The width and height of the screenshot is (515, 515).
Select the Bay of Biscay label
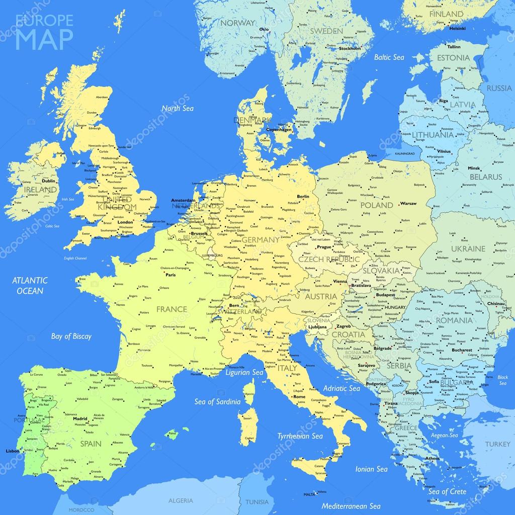click(71, 336)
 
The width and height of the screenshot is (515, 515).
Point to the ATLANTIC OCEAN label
click(30, 286)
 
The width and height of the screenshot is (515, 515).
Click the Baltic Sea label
click(389, 57)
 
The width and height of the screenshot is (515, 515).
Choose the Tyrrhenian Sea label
click(300, 436)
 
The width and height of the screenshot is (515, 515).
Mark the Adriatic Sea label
click(341, 388)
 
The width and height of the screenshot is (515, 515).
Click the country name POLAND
click(377, 205)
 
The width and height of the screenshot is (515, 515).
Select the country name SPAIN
click(91, 444)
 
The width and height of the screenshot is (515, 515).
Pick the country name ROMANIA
click(454, 320)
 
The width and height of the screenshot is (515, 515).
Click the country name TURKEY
click(497, 444)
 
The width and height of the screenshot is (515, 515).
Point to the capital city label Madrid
click(80, 418)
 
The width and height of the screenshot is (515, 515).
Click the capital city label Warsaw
click(408, 204)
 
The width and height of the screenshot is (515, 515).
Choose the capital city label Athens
click(432, 459)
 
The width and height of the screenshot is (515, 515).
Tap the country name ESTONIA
click(453, 57)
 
